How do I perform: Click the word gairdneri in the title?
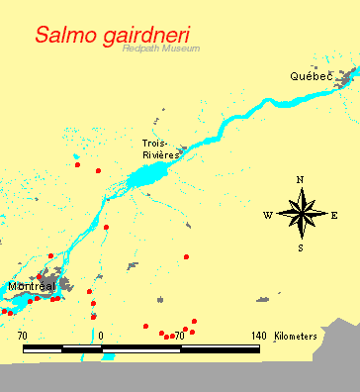144,35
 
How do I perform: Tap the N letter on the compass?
300,179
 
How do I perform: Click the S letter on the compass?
300,247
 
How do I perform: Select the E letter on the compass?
334,215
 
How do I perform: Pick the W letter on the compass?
267,215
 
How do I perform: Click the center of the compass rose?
301,214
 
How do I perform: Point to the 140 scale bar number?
258,337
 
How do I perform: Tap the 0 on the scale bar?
101,337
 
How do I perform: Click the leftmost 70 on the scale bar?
23,337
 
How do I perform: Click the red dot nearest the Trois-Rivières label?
98,171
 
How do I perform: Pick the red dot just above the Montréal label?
50,255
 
